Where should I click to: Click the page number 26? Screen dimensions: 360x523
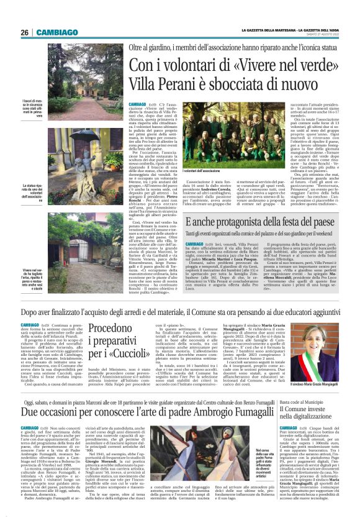(x=25, y=32)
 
